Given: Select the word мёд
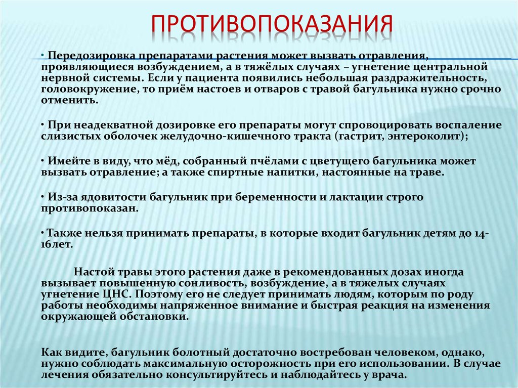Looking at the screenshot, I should (x=164, y=161).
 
